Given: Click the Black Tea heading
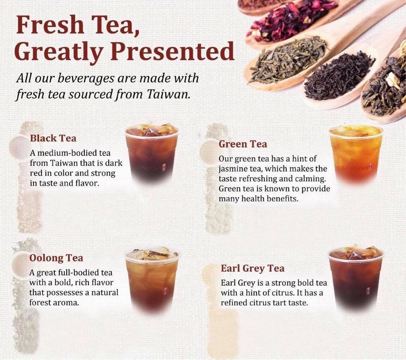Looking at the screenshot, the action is tap(53, 138).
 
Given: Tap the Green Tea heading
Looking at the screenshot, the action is tap(243, 144).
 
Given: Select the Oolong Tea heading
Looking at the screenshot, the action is tap(56, 258).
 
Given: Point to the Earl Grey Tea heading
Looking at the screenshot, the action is tap(252, 269).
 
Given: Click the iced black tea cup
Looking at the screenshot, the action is tap(152, 153).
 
